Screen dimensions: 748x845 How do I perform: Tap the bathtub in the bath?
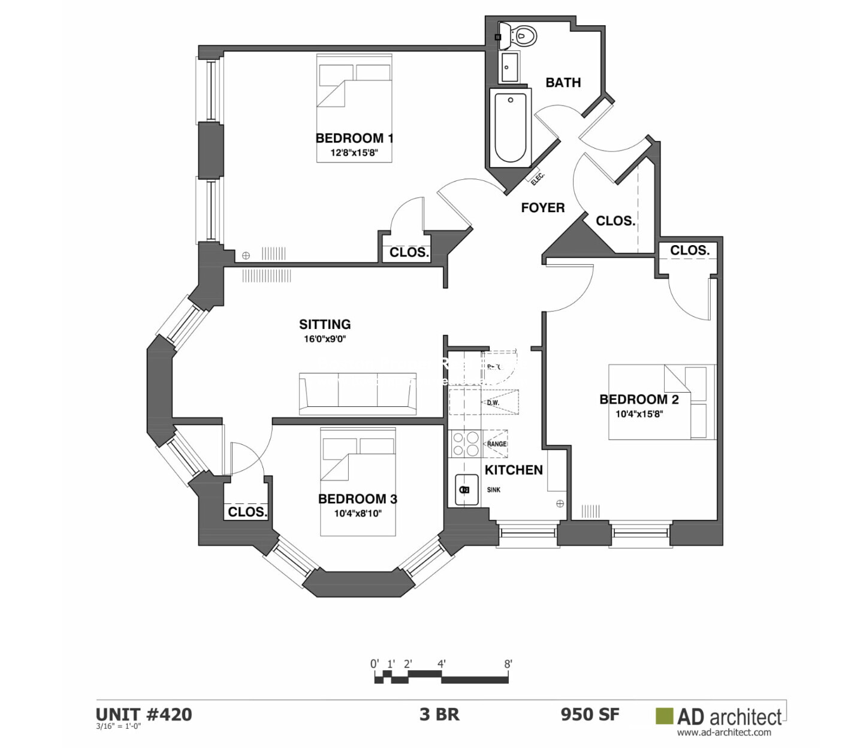(510, 128)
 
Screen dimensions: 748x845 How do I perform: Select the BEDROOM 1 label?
(354, 138)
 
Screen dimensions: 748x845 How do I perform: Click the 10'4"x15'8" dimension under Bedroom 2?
(639, 414)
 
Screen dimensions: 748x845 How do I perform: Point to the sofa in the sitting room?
(358, 393)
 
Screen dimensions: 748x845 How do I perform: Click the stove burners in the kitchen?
(466, 444)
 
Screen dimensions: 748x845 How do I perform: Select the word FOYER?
(542, 208)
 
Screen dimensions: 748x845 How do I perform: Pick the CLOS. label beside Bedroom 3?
(248, 512)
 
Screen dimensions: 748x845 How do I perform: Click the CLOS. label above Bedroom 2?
(689, 251)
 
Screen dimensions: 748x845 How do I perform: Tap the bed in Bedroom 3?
(358, 482)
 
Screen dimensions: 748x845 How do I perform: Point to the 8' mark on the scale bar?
(508, 664)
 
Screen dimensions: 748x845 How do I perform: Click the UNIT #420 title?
(144, 714)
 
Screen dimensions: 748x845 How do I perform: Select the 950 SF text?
(590, 714)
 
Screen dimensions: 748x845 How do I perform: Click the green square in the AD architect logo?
(664, 716)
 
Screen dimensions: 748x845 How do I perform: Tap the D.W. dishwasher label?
(493, 403)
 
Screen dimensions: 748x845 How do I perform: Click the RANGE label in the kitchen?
(497, 444)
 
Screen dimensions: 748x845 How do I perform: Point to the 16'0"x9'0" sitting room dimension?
(325, 339)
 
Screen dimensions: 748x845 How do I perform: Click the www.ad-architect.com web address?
(724, 732)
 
